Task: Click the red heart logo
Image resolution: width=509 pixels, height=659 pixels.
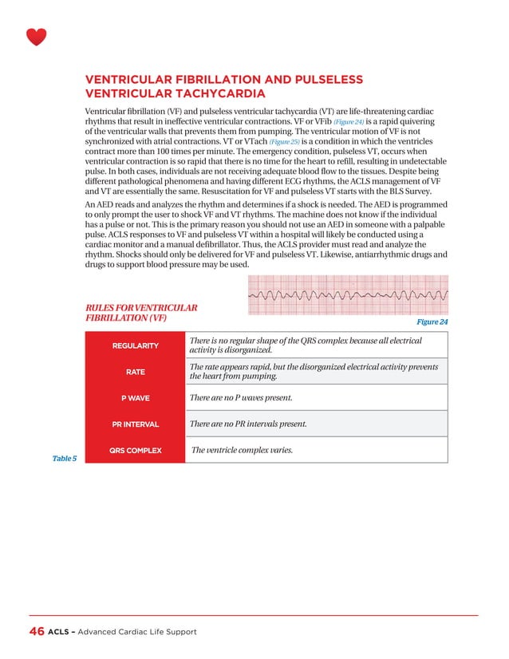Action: (x=37, y=37)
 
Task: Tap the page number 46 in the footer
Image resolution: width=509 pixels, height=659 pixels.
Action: (x=36, y=631)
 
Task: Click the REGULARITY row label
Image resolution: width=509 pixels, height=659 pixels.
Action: (x=135, y=345)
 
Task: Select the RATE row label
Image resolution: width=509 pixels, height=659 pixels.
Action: (x=135, y=371)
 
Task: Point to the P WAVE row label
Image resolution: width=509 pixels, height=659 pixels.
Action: (x=135, y=398)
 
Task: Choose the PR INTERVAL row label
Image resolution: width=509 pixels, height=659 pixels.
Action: (x=135, y=424)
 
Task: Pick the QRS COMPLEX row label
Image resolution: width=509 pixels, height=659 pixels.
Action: (x=135, y=450)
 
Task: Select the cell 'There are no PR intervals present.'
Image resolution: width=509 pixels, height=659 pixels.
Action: (x=247, y=424)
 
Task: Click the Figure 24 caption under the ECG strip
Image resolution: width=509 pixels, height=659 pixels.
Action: (x=432, y=322)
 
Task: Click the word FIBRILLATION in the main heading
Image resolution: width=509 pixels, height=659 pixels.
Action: (x=211, y=79)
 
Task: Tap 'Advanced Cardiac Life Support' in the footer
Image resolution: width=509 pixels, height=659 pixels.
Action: (x=136, y=632)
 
